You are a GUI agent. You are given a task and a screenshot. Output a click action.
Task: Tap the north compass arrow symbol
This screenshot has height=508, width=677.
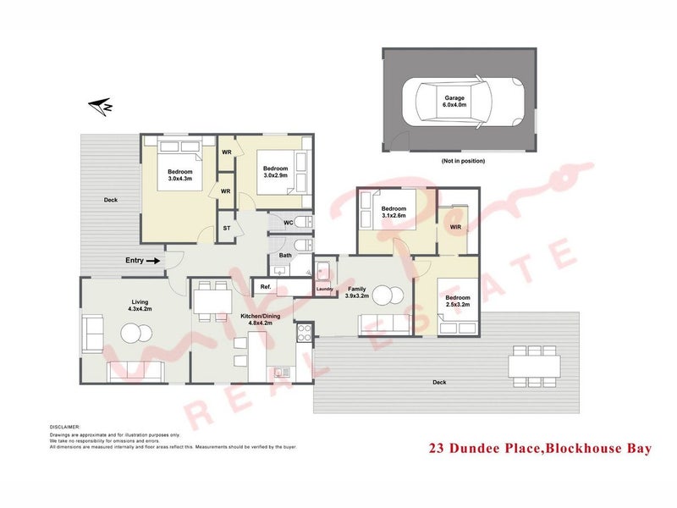[x=102, y=107]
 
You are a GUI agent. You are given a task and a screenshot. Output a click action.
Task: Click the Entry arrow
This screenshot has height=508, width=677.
[x=153, y=262]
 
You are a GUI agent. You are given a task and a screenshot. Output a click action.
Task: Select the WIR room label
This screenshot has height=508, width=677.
[x=455, y=227]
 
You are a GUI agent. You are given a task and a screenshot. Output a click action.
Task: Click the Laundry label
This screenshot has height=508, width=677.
[x=323, y=290]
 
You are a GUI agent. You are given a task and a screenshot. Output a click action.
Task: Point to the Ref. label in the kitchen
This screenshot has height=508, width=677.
[x=265, y=288]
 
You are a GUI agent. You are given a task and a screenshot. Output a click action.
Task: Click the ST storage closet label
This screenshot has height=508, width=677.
[x=227, y=229]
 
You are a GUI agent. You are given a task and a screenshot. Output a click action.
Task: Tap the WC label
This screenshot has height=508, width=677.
[x=289, y=224]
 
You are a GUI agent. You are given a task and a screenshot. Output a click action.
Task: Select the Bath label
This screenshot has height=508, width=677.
[x=285, y=255]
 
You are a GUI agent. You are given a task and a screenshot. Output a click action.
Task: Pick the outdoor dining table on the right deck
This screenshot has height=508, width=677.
[x=534, y=366]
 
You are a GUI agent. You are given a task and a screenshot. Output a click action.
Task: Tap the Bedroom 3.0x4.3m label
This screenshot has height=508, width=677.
[x=180, y=174]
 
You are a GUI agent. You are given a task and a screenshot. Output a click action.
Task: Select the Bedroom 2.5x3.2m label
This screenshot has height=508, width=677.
[x=458, y=301]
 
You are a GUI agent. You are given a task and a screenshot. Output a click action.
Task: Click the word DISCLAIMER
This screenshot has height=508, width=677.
[x=64, y=428]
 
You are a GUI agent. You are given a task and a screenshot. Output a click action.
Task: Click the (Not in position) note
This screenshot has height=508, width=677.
[x=463, y=160]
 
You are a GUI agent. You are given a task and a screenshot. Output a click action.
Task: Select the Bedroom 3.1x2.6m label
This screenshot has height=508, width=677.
[x=394, y=212]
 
